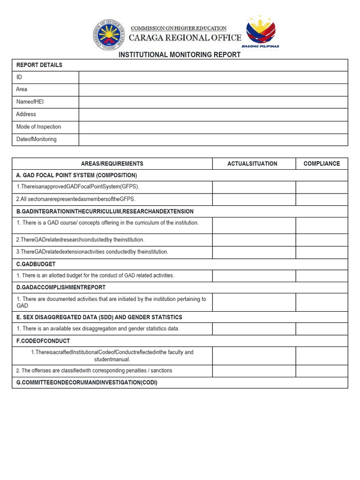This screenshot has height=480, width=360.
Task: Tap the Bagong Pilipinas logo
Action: [x=261, y=32]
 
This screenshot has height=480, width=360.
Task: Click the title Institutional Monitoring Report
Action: [x=180, y=55]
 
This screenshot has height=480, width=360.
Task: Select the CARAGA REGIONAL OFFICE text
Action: [x=185, y=38]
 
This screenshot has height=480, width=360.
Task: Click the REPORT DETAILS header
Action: [x=39, y=65]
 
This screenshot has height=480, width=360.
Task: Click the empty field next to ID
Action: [x=213, y=77]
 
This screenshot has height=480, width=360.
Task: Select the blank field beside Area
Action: [x=213, y=90]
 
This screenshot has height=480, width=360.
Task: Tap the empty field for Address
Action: [x=213, y=114]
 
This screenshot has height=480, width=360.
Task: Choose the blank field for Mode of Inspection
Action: [x=213, y=127]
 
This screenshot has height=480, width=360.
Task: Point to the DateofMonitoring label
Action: [x=36, y=139]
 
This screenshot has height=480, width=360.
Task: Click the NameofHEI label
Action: [x=30, y=102]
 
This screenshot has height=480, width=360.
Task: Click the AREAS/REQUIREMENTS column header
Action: [x=112, y=164]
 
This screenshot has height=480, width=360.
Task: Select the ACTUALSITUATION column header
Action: [x=252, y=164]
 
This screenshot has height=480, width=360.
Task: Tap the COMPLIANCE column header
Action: [x=322, y=164]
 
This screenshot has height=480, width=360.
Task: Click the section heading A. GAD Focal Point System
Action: [x=76, y=175]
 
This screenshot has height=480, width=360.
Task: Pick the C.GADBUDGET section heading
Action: [x=36, y=264]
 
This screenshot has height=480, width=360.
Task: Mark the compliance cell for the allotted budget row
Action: [x=322, y=276]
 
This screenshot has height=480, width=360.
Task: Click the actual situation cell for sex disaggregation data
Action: [x=254, y=329]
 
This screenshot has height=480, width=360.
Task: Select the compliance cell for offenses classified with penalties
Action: [x=322, y=371]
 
